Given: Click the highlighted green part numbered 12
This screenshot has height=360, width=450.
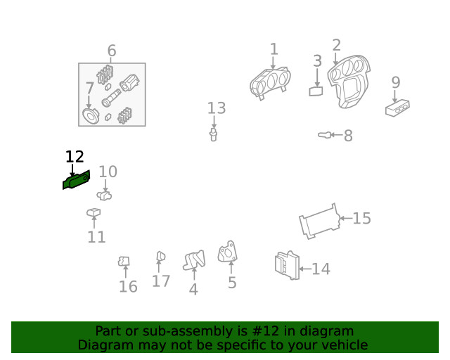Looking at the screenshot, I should (77, 180).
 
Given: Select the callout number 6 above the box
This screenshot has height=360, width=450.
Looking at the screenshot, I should (112, 51).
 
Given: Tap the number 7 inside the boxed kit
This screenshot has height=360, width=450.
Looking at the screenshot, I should (89, 89).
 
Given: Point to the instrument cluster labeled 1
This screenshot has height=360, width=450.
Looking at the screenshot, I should (270, 83).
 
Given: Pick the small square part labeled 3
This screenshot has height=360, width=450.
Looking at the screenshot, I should (316, 90).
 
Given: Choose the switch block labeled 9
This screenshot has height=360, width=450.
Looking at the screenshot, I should (397, 108).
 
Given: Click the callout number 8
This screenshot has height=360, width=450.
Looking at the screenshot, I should (348, 136).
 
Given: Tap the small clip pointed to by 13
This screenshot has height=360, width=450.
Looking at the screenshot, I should (212, 134).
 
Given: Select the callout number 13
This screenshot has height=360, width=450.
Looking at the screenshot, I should (217, 108).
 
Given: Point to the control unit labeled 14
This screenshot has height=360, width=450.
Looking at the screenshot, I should (286, 265).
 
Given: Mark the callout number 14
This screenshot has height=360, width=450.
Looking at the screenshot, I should (321, 269).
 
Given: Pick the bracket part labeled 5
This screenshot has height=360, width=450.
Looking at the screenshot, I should (227, 252).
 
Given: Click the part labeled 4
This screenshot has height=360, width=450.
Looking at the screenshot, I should (193, 262).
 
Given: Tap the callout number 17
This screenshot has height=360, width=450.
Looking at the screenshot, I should (161, 281).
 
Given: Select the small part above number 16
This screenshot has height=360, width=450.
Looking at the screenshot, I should (124, 262).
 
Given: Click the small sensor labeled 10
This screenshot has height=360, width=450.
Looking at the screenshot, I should (105, 195).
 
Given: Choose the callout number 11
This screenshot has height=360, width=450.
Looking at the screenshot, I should (96, 237).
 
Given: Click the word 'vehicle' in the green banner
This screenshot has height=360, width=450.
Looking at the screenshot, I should (343, 345).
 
